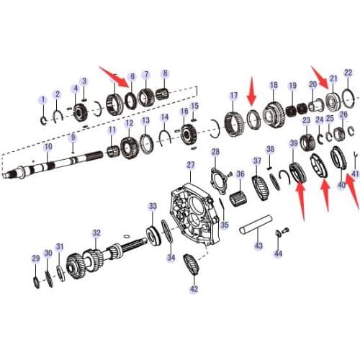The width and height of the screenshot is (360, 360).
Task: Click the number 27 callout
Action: [x=191, y=165]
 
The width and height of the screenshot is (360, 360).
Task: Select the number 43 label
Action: [x=258, y=246]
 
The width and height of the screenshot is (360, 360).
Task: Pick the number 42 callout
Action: [x=193, y=289]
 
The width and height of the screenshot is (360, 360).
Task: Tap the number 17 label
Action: [x=233, y=96]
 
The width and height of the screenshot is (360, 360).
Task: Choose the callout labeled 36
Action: [x=240, y=174]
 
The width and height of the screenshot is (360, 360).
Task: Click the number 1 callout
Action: [x=42, y=99]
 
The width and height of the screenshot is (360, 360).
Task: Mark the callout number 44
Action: [x=279, y=253]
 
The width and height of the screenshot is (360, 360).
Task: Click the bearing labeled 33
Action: [x=153, y=235]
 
